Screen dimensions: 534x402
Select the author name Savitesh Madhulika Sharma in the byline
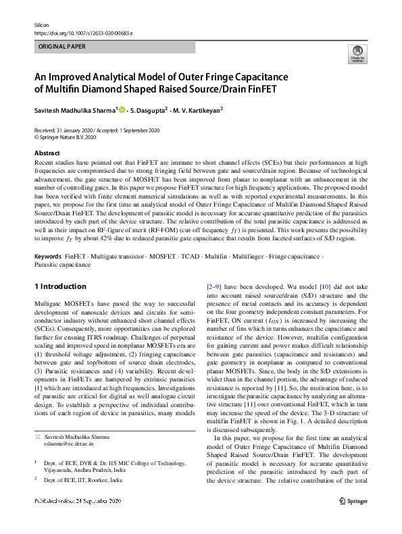point(75,109)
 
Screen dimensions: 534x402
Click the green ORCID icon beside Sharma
point(122,109)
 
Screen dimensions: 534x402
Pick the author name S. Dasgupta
point(147,109)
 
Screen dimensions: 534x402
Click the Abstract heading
point(47,153)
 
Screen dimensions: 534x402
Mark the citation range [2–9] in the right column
point(216,286)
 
